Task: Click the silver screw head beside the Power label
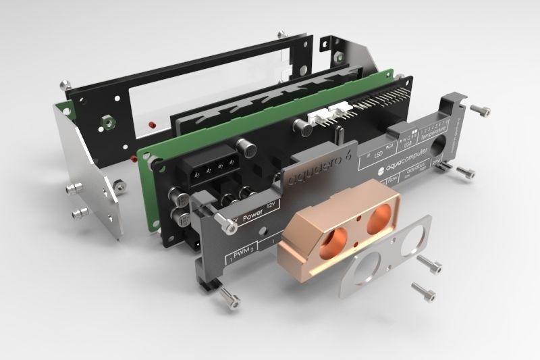[220, 218]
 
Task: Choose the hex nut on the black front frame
[105, 124]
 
